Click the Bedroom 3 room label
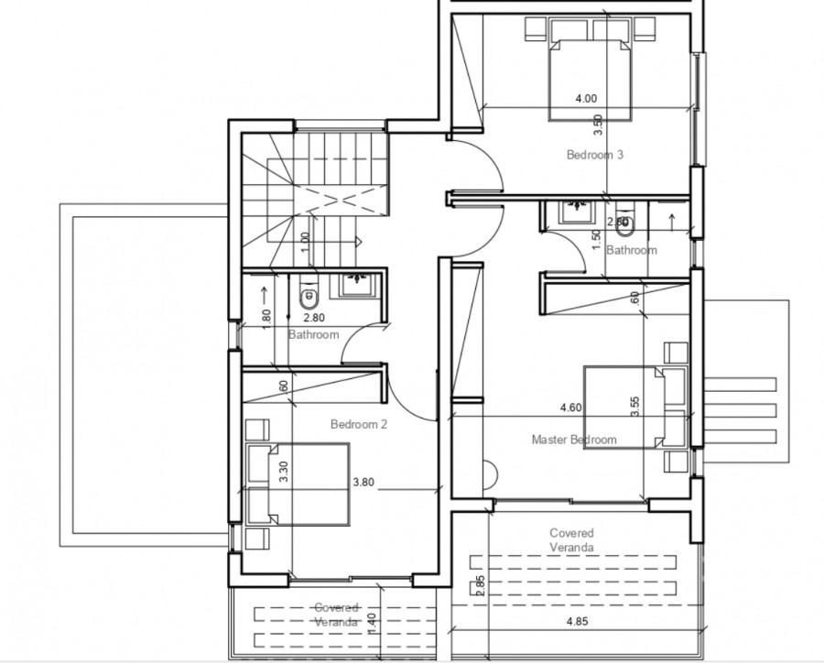[595, 155]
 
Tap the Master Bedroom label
[574, 440]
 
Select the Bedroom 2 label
[360, 424]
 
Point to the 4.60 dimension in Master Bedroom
[572, 408]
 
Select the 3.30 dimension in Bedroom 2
[284, 472]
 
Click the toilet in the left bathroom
[308, 296]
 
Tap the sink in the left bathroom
[353, 283]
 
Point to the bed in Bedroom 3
[590, 78]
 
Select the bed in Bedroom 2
[298, 484]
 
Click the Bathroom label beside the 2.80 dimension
[313, 334]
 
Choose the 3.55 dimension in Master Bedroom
[635, 408]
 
